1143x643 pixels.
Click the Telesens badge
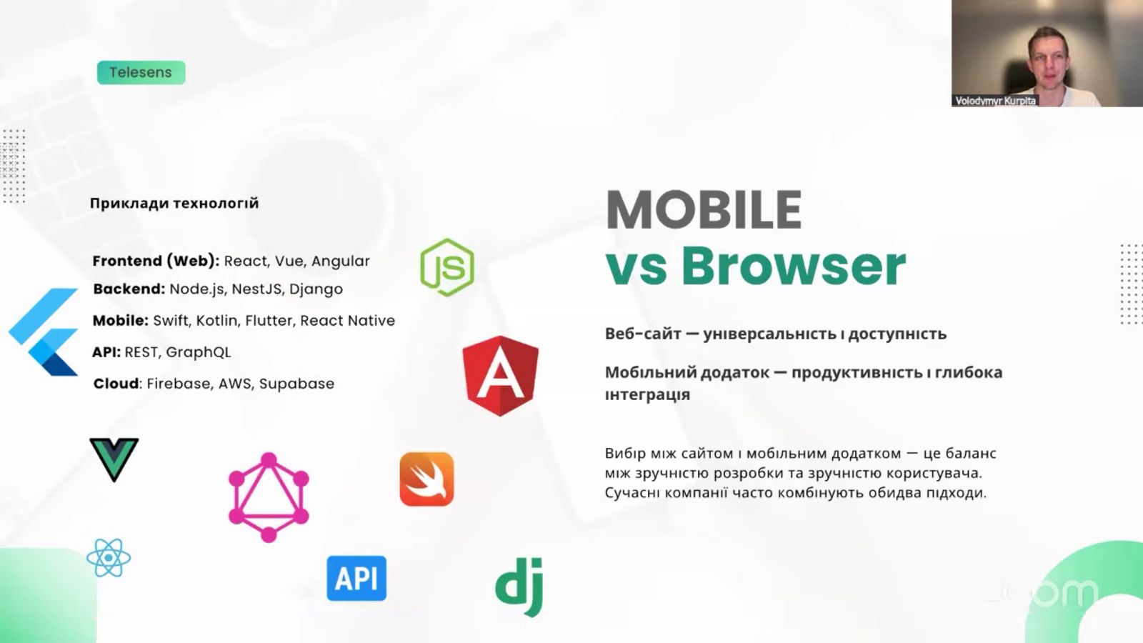coord(141,72)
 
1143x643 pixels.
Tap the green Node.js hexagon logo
coord(447,267)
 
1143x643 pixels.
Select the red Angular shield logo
coord(501,376)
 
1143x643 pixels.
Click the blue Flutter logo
coord(44,332)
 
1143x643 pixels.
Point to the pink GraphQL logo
coord(269,497)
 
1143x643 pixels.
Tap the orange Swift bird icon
coord(426,479)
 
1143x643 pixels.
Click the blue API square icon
coord(356,578)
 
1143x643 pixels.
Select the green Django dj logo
coord(519,587)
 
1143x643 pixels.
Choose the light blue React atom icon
coord(109,558)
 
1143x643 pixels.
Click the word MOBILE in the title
coord(704,210)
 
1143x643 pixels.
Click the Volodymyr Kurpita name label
coord(996,101)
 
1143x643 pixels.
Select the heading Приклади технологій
coord(174,203)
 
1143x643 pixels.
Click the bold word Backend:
coord(129,289)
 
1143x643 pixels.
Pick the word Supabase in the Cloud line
coord(296,384)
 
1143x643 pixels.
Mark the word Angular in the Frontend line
coord(340,261)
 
